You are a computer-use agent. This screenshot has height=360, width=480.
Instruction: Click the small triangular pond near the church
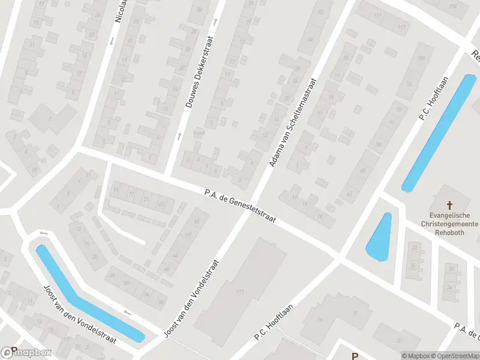pyautogui.click(x=379, y=238)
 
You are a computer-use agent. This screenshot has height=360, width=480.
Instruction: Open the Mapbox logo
pyautogui.click(x=26, y=353)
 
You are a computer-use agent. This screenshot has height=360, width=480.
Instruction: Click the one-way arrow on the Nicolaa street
pyautogui.click(x=112, y=41)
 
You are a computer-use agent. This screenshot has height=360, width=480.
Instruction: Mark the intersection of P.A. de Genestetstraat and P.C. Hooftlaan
pyautogui.click(x=338, y=258)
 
